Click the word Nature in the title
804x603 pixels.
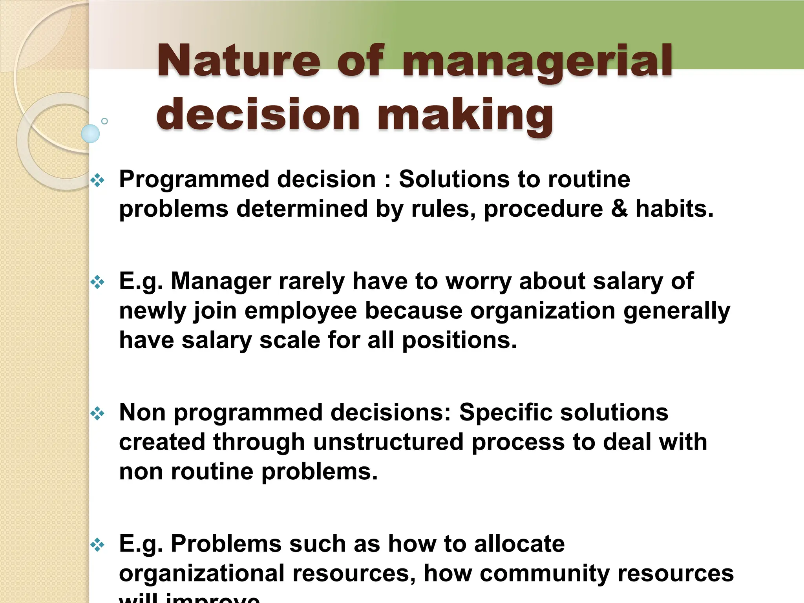239,61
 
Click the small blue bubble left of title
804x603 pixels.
90,133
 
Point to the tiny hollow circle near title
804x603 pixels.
104,121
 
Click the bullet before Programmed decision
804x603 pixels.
97,181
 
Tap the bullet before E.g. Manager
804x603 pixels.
97,282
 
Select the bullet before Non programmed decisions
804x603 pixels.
97,413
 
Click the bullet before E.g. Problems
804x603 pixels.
97,545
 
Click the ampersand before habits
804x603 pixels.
619,208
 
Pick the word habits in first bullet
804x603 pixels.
674,208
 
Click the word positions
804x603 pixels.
459,340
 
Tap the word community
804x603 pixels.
545,573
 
